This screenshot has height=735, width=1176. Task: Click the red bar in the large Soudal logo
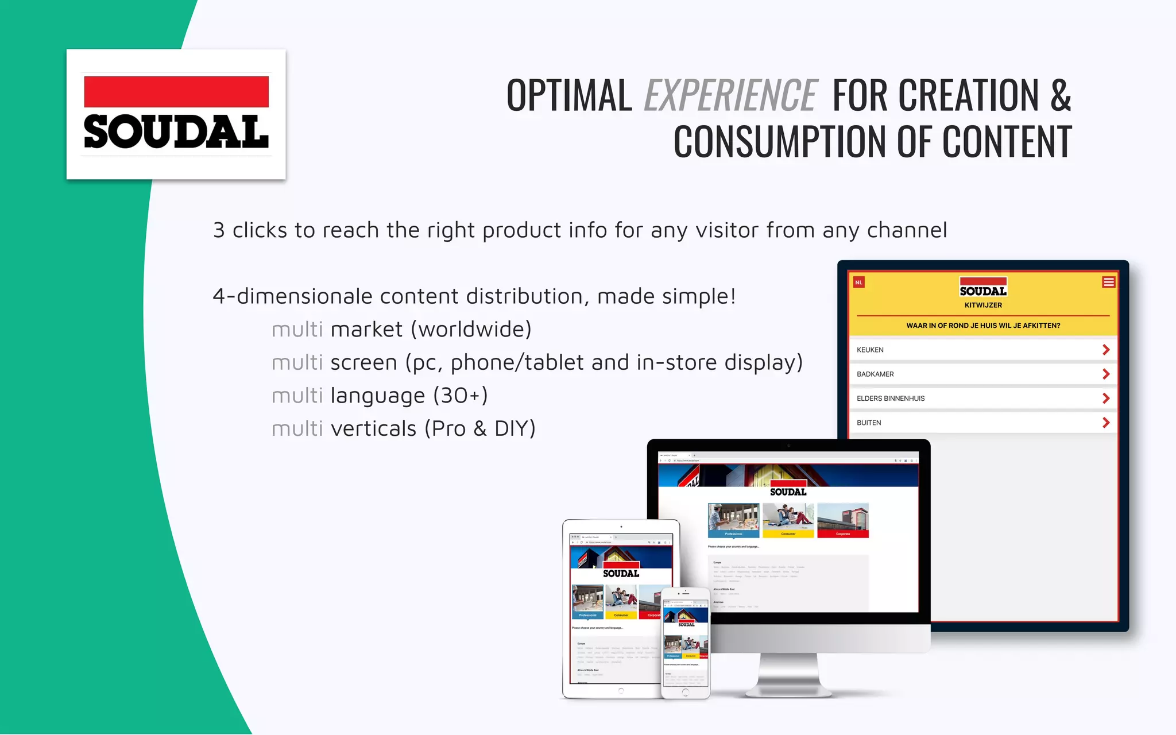[x=176, y=92]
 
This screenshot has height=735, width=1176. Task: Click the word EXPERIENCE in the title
[x=730, y=95]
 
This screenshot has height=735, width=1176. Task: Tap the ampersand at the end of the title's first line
[x=1061, y=95]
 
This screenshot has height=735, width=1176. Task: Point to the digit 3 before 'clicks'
[x=219, y=231]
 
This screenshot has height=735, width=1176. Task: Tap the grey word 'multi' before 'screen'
[x=297, y=363]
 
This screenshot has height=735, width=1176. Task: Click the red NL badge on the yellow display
[x=859, y=283]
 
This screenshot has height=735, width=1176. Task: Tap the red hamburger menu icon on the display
[x=1108, y=282]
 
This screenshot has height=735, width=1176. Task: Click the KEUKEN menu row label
[x=870, y=350]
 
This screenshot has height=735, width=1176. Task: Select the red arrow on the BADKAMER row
[x=1106, y=374]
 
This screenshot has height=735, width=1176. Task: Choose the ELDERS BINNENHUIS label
[x=891, y=399]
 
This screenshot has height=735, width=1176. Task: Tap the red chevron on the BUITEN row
[x=1106, y=423]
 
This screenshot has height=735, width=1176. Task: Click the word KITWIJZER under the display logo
[x=983, y=305]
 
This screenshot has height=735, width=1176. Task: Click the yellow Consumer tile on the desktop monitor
[x=788, y=521]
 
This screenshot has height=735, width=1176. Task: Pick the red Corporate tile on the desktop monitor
[x=842, y=521]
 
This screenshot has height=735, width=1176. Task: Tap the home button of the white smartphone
[x=685, y=692]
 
